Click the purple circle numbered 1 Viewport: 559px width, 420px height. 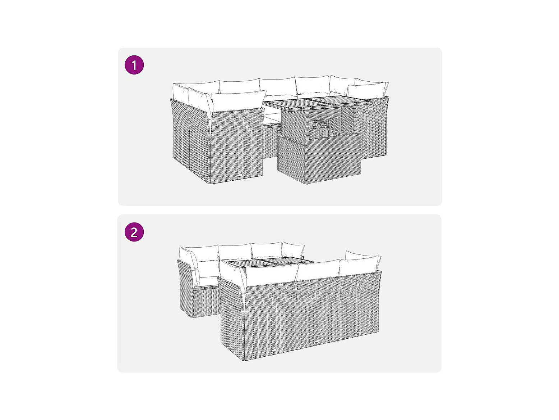click(134, 65)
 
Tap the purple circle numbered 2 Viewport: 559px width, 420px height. click(134, 232)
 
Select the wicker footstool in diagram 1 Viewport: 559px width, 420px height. click(319, 158)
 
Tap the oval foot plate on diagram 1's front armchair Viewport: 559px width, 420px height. click(241, 175)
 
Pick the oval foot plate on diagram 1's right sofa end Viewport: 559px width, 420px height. click(366, 154)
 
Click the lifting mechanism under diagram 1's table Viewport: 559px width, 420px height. click(318, 125)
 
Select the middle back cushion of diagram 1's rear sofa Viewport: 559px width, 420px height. click(277, 87)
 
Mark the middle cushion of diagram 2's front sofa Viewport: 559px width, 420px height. click(319, 270)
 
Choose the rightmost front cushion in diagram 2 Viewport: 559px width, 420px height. click(360, 265)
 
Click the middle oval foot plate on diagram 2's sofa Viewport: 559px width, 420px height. click(317, 341)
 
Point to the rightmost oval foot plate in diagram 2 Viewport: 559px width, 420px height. click(359, 333)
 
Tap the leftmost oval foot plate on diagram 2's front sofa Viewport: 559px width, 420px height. click(274, 350)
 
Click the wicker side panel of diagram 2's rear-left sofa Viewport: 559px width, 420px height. click(185, 288)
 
